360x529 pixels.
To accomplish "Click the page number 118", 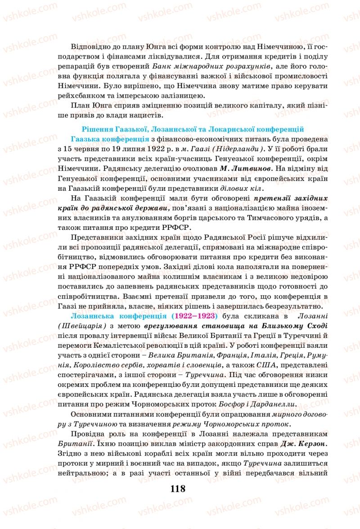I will pos(178,489).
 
